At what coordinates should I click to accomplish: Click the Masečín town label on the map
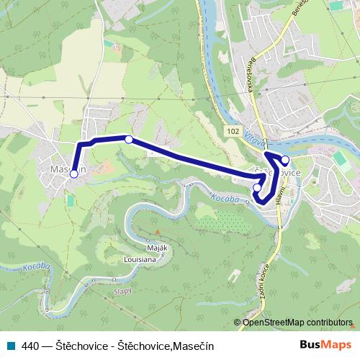[69, 169]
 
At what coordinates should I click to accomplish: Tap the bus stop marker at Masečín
[73, 174]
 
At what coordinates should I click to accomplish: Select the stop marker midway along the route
[129, 140]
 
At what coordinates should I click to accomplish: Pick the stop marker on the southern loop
[258, 188]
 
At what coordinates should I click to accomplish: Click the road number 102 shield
[231, 131]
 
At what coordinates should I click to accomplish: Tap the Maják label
[158, 248]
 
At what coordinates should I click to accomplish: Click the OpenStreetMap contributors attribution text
[297, 323]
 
